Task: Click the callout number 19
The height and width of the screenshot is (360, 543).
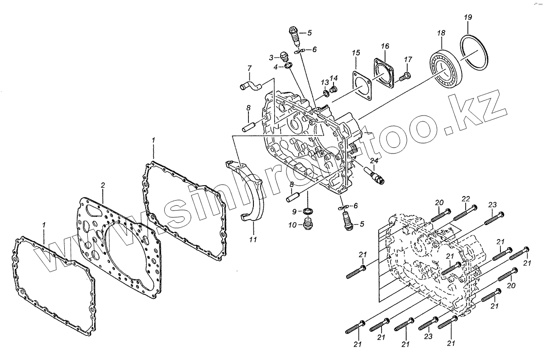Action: click(468, 17)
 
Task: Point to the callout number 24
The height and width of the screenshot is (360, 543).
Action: click(374, 160)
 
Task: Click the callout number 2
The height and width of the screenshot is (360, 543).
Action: click(103, 185)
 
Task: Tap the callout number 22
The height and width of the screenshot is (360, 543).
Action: click(466, 199)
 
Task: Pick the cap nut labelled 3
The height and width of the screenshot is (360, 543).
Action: click(284, 57)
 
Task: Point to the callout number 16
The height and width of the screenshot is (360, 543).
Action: click(385, 46)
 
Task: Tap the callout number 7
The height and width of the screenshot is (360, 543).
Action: click(249, 68)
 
